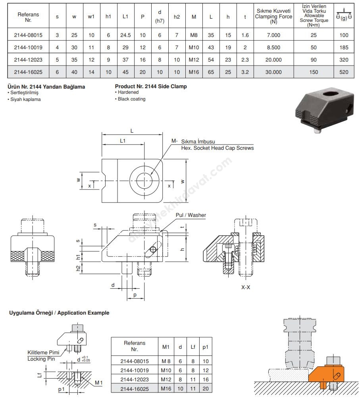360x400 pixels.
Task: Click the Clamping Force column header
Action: tap(273, 16)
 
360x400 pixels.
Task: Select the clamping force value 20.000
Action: tap(273, 60)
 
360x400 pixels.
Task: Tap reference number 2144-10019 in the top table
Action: tap(28, 47)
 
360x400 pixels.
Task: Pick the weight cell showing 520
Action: tap(344, 72)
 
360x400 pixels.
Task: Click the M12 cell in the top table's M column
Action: tap(194, 60)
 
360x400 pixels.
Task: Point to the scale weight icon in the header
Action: tap(344, 14)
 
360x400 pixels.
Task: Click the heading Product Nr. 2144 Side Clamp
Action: tap(151, 87)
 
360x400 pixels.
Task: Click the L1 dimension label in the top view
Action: tap(123, 141)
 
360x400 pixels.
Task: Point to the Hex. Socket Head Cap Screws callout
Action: tap(218, 148)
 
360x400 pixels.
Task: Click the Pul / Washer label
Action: tap(191, 215)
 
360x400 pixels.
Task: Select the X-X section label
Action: tap(246, 287)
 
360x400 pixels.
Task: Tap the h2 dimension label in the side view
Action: tap(78, 269)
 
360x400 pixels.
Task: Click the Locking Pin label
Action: tap(41, 359)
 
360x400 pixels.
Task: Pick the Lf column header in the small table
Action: tap(193, 347)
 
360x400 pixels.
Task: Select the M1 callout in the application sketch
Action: tap(99, 383)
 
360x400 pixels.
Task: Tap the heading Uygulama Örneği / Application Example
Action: tap(59, 313)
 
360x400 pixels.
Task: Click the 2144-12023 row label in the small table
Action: tap(135, 380)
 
